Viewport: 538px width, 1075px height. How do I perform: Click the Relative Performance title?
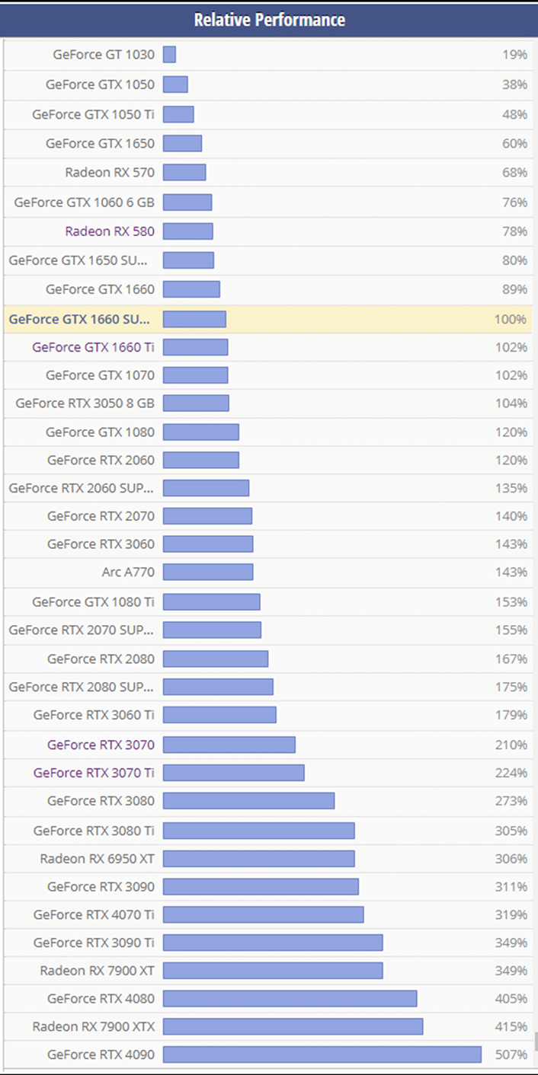(x=269, y=20)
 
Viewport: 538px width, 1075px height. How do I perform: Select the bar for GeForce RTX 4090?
(x=322, y=1054)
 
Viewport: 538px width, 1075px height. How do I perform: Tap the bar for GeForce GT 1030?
(x=169, y=55)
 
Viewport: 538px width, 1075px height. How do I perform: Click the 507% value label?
(x=511, y=1054)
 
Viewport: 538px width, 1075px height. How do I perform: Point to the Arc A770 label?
(x=128, y=572)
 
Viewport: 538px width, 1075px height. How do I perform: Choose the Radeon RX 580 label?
(x=110, y=231)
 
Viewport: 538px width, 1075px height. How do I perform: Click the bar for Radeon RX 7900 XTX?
(x=293, y=1026)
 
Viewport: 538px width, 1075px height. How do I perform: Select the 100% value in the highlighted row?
(x=510, y=319)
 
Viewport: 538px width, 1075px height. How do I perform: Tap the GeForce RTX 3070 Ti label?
(x=94, y=773)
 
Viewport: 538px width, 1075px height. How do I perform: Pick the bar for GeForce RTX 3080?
(x=248, y=801)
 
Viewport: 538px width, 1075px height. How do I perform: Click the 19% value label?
(x=514, y=55)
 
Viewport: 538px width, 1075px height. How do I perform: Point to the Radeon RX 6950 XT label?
(x=98, y=859)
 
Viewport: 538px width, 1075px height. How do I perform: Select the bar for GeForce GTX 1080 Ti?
(x=211, y=602)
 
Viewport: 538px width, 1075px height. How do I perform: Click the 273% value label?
(x=511, y=801)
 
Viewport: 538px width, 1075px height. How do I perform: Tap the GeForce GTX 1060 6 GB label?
(x=84, y=203)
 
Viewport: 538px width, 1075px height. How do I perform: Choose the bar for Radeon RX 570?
(x=184, y=173)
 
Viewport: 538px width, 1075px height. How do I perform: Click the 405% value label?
(x=511, y=998)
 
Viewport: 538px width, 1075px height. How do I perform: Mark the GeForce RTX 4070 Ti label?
(x=94, y=914)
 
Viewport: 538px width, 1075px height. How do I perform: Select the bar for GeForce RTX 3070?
(x=229, y=745)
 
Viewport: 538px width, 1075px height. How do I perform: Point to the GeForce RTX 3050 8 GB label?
(x=85, y=404)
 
